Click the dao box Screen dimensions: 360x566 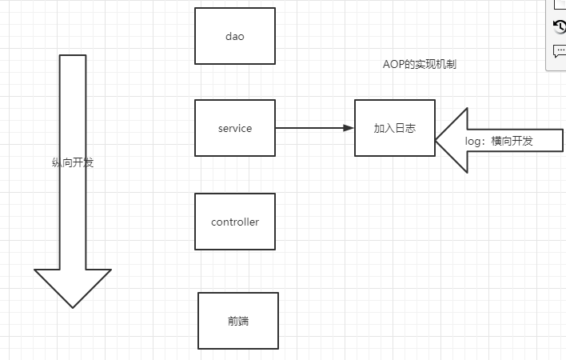coord(234,36)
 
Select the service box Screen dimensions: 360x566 coord(234,128)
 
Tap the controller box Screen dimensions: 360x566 coord(234,222)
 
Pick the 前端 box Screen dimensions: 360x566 coord(237,321)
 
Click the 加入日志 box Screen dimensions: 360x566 coord(394,128)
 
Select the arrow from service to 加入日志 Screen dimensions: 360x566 coord(312,128)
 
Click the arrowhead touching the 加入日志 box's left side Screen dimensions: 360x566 coord(349,128)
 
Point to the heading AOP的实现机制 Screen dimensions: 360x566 coord(420,65)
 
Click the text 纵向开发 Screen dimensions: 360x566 coord(73,162)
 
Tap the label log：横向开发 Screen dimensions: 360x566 coord(499,142)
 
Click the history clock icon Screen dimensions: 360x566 coord(560,26)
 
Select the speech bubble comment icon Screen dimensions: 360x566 coord(560,51)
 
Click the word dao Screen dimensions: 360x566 coord(234,36)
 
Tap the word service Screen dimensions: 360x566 coord(234,128)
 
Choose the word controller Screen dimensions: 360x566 coord(234,222)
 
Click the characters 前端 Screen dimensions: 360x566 coord(237,321)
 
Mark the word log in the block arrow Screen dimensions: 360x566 coord(473,142)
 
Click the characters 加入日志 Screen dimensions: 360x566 coord(394,128)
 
